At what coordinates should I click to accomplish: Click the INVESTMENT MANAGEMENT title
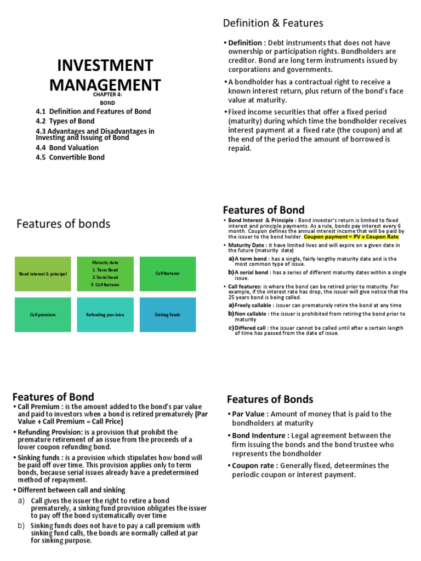click(105, 76)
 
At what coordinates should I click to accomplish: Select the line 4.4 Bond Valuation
click(67, 147)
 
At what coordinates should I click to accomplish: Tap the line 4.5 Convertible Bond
click(70, 157)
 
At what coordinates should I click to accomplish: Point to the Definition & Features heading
click(273, 23)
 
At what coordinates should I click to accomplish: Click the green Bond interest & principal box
click(43, 273)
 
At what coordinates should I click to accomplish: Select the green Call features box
click(167, 273)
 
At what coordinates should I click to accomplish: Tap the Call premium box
click(43, 314)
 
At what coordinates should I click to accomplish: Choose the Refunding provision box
click(105, 314)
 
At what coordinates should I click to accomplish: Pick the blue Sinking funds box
click(167, 314)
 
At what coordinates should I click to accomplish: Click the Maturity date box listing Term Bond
click(105, 273)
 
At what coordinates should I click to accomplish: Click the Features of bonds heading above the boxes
click(63, 224)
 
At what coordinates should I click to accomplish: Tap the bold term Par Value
click(250, 414)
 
